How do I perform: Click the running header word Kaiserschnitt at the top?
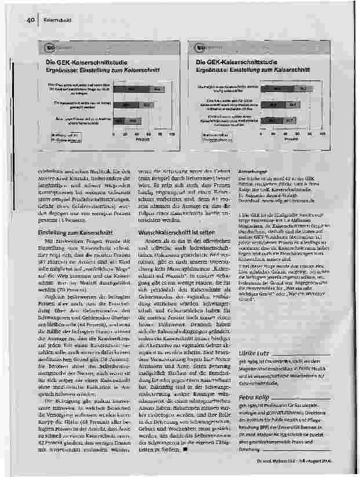57,21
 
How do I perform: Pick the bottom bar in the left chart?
125,121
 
